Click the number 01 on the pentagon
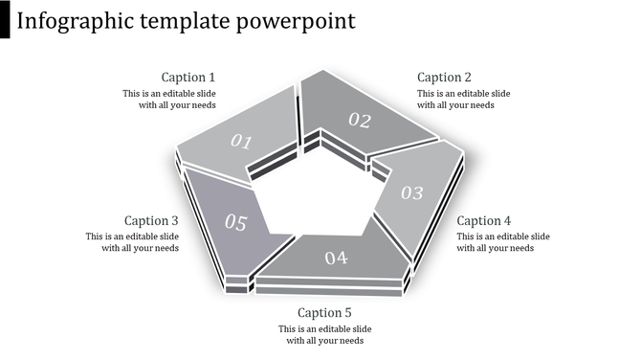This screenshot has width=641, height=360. tap(241, 143)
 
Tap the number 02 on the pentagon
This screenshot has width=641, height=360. tap(359, 120)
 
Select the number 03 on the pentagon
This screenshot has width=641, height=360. tap(411, 193)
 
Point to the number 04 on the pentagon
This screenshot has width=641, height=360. tap(336, 258)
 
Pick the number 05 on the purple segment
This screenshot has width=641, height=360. tap(235, 223)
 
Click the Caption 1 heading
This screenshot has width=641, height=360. tap(188, 78)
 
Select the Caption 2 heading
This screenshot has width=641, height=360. tap(445, 78)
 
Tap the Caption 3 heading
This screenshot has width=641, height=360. tap(151, 220)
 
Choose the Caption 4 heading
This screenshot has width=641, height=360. tap(484, 220)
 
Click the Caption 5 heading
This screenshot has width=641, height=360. tap(325, 312)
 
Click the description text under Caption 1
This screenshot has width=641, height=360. tap(169, 100)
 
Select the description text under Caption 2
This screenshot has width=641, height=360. tap(463, 100)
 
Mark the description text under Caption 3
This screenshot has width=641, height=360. tap(132, 242)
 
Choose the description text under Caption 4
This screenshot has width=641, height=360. tap(502, 242)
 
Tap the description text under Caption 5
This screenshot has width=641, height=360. tap(325, 334)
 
